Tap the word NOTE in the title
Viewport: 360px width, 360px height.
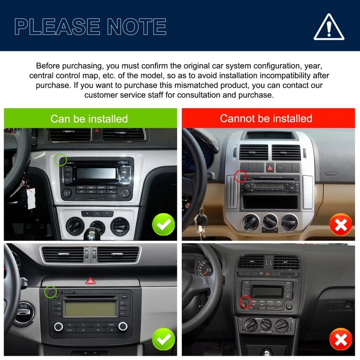coord(135,27)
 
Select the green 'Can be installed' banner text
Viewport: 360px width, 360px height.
coord(89,119)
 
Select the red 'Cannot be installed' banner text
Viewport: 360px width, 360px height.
coord(266,118)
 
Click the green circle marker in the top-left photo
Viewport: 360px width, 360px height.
coord(60,160)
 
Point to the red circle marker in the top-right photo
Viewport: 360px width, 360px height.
coord(240,175)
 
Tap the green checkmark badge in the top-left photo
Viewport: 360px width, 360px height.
coord(163,225)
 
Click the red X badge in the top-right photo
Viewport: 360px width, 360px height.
coord(340,225)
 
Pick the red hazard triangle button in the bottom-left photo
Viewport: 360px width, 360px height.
coord(90,280)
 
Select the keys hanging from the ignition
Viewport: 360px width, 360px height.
coord(201,223)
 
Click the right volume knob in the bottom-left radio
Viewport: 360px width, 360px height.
coord(123,327)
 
